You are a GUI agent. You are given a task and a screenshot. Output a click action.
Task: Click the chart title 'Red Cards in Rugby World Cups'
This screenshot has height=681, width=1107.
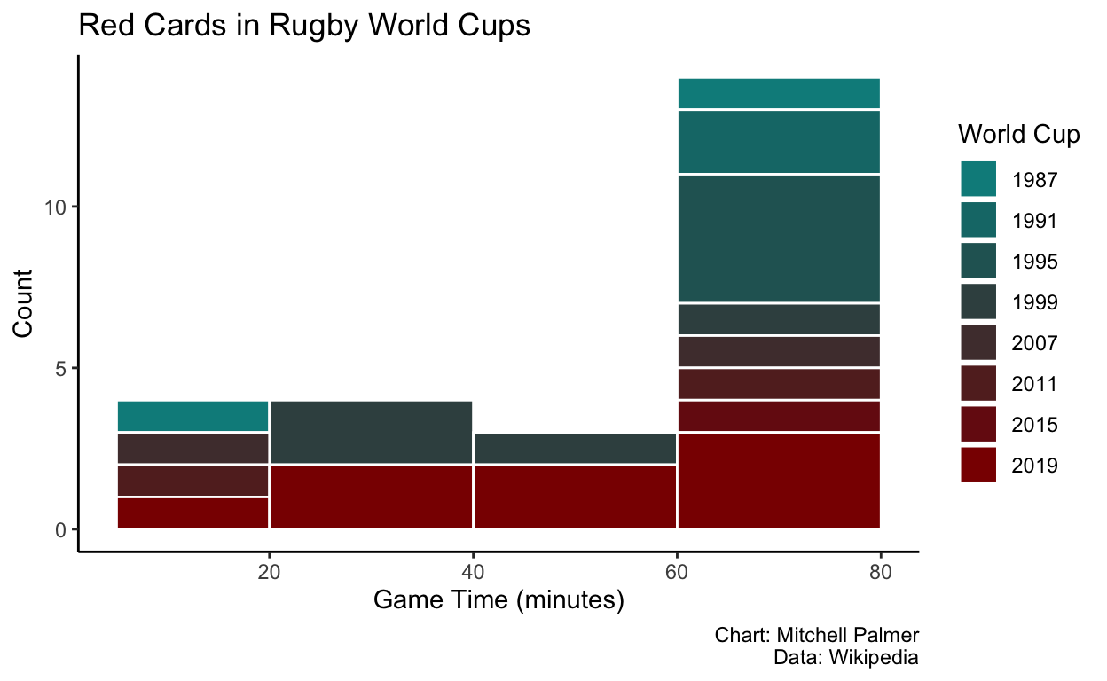pyautogui.click(x=304, y=26)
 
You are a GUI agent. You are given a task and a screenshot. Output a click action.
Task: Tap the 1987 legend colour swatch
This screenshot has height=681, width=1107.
pyautogui.click(x=978, y=179)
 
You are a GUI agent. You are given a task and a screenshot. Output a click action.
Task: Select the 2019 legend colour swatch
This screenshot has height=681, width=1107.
pyautogui.click(x=978, y=465)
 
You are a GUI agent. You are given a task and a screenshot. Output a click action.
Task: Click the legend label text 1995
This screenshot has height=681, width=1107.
pyautogui.click(x=1034, y=262)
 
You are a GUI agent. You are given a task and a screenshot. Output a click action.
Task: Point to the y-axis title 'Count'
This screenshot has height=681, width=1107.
pyautogui.click(x=24, y=303)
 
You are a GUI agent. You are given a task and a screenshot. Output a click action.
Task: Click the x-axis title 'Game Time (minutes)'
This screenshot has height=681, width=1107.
pyautogui.click(x=499, y=600)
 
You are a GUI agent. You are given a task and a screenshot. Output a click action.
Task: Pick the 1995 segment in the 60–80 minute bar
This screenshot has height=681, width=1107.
pyautogui.click(x=778, y=239)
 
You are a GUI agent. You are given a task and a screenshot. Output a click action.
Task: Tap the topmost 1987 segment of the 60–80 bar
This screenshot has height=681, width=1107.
pyautogui.click(x=778, y=94)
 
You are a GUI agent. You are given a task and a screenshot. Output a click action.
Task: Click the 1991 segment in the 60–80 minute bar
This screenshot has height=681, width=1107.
pyautogui.click(x=778, y=142)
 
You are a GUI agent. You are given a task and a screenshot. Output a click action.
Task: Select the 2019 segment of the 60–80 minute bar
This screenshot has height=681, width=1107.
pyautogui.click(x=778, y=481)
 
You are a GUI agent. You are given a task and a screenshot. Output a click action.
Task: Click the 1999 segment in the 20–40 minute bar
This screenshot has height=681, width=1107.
pyautogui.click(x=371, y=432)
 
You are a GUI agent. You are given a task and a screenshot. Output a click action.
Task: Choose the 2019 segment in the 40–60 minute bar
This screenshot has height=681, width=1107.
pyautogui.click(x=575, y=497)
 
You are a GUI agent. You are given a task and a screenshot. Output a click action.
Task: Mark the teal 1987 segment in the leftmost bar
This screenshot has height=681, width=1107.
pyautogui.click(x=192, y=416)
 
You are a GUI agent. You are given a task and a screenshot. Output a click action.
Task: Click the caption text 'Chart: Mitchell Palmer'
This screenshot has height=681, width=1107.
pyautogui.click(x=816, y=636)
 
